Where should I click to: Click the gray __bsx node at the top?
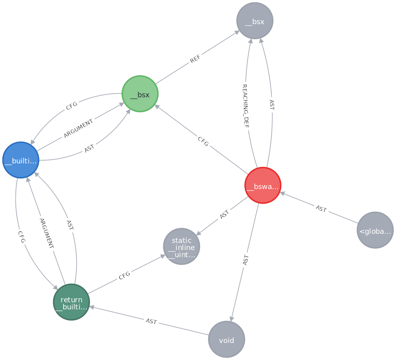pyautogui.click(x=255, y=21)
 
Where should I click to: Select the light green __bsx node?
pyautogui.click(x=140, y=94)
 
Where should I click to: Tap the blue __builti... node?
pyautogui.click(x=21, y=160)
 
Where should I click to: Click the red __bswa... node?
pyautogui.click(x=263, y=186)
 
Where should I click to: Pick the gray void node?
pyautogui.click(x=227, y=339)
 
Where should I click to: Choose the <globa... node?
pyautogui.click(x=375, y=230)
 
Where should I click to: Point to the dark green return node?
pyautogui.click(x=71, y=302)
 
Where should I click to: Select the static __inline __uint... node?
pyautogui.click(x=181, y=246)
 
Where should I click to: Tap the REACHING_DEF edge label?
pyautogui.click(x=246, y=105)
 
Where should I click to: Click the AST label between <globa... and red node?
pyautogui.click(x=321, y=209)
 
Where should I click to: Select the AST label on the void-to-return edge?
pyautogui.click(x=151, y=321)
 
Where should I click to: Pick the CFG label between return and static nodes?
pyautogui.click(x=124, y=276)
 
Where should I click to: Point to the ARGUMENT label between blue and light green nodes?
pyautogui.click(x=78, y=129)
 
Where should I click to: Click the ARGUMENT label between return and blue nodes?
pyautogui.click(x=46, y=233)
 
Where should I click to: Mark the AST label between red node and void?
pyautogui.click(x=246, y=260)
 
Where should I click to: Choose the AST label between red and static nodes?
pyautogui.click(x=224, y=215)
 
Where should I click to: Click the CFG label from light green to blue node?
pyautogui.click(x=72, y=106)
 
